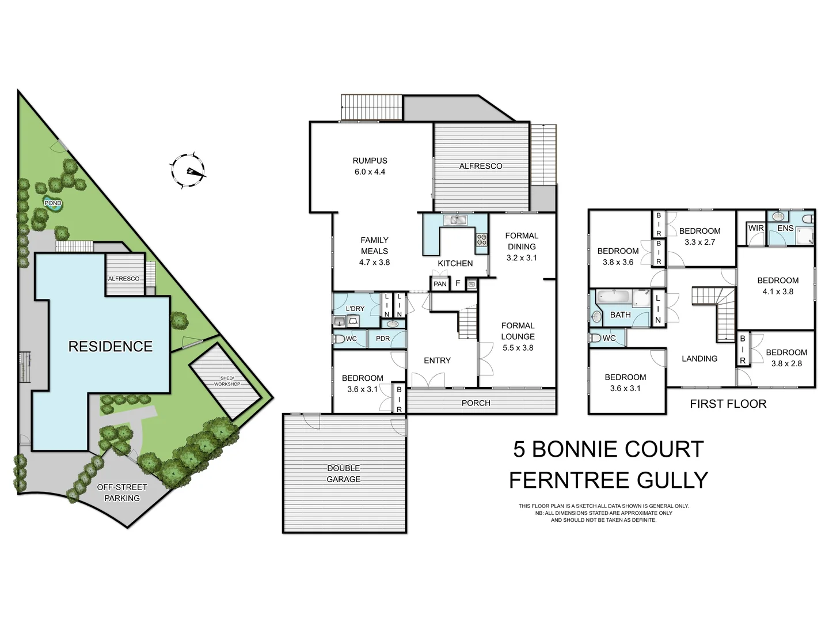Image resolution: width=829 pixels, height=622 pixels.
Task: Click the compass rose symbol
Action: [x=188, y=171]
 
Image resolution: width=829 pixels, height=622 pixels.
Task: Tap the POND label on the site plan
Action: [x=53, y=203]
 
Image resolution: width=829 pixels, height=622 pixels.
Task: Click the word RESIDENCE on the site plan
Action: [x=110, y=346]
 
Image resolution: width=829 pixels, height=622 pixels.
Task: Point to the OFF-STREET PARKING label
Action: [x=122, y=492]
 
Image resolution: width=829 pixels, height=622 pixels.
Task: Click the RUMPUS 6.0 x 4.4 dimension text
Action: [x=370, y=172]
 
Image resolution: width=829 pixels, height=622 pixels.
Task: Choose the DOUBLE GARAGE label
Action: [x=344, y=473]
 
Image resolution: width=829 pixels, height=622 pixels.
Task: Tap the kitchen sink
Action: [x=458, y=219]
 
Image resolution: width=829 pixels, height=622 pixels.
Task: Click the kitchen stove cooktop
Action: [x=481, y=240]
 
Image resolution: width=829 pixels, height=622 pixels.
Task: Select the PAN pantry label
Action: [x=440, y=284]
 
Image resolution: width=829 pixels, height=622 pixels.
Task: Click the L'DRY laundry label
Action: [x=355, y=309]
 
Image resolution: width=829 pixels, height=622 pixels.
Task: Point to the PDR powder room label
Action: [x=383, y=339]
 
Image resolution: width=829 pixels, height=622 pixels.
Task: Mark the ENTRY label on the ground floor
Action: [x=437, y=361]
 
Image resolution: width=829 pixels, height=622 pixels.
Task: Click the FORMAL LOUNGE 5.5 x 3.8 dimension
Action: [x=518, y=347]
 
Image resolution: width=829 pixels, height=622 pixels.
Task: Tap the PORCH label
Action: [x=476, y=403]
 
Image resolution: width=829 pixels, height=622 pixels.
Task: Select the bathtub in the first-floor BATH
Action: [x=614, y=298]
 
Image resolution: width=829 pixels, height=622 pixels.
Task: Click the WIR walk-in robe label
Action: [x=756, y=228]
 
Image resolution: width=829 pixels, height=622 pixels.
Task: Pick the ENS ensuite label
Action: [x=785, y=228]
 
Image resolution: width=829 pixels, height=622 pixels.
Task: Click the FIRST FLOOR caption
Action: [x=728, y=404]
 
